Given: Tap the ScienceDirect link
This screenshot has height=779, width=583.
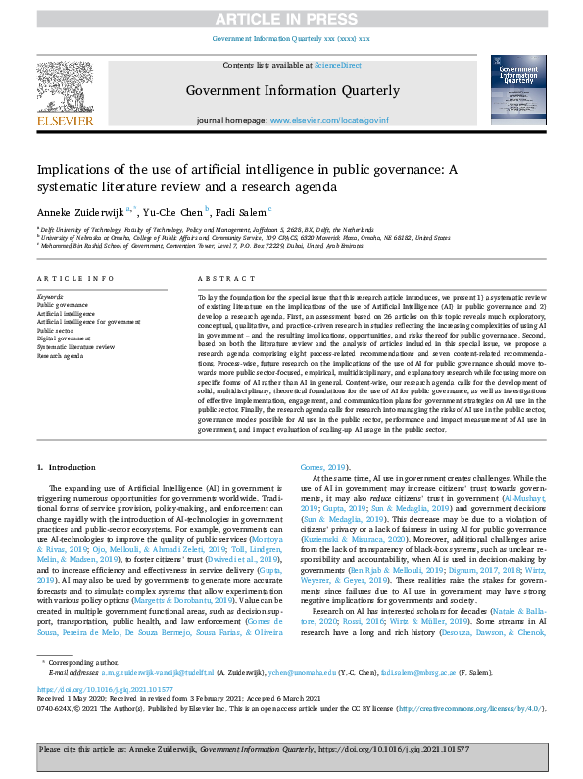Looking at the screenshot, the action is pyautogui.click(x=338, y=65).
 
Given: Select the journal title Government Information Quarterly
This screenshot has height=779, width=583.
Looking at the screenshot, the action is pyautogui.click(x=292, y=91).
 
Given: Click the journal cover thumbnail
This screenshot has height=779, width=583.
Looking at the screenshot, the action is pyautogui.click(x=518, y=88).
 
